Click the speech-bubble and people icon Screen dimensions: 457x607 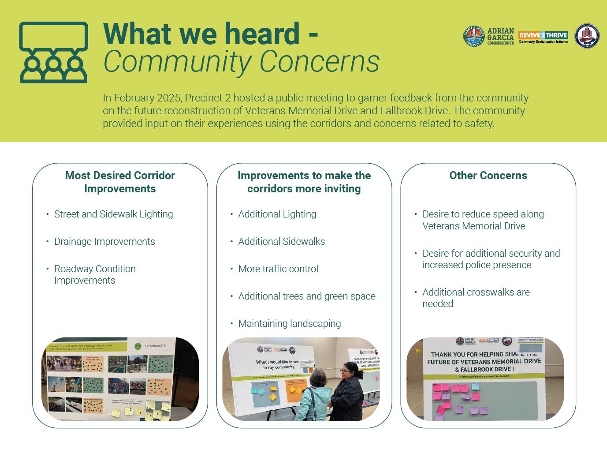pos(53,52)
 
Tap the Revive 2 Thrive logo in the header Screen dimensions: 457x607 pos(543,37)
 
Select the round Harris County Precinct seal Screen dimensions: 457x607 pos(473,36)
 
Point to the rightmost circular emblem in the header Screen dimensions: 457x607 pos(587,36)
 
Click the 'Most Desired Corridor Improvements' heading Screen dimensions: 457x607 pos(120,182)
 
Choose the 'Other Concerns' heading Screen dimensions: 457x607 pos(488,176)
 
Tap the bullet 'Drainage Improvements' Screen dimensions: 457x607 pos(104,242)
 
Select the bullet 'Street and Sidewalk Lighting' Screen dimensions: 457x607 pos(113,214)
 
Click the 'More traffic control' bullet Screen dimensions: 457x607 pos(278,269)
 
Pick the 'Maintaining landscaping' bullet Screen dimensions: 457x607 pos(290,324)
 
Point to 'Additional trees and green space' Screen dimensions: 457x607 pos(307,296)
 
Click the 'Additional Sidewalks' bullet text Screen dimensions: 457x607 pos(282,242)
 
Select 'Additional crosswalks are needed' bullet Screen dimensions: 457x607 pos(476,298)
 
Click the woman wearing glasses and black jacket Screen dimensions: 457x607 pos(348,390)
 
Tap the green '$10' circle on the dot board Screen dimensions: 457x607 pos(138,346)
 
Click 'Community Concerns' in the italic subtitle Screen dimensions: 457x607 pos(241,61)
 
